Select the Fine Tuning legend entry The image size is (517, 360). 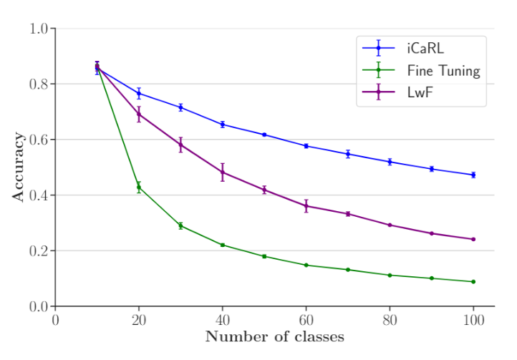(443, 70)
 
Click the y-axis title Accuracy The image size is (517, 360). (19, 167)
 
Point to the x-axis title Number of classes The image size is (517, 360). (274, 336)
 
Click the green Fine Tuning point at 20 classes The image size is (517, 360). (139, 187)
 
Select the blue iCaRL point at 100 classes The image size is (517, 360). (473, 175)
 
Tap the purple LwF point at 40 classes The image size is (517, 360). (223, 172)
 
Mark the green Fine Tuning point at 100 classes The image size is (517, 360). (473, 281)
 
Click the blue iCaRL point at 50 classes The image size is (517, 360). (264, 135)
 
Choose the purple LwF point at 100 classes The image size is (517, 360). (473, 239)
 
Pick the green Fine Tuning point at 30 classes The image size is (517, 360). (180, 225)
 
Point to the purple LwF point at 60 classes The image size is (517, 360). (306, 206)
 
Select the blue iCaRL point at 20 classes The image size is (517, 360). (139, 93)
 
